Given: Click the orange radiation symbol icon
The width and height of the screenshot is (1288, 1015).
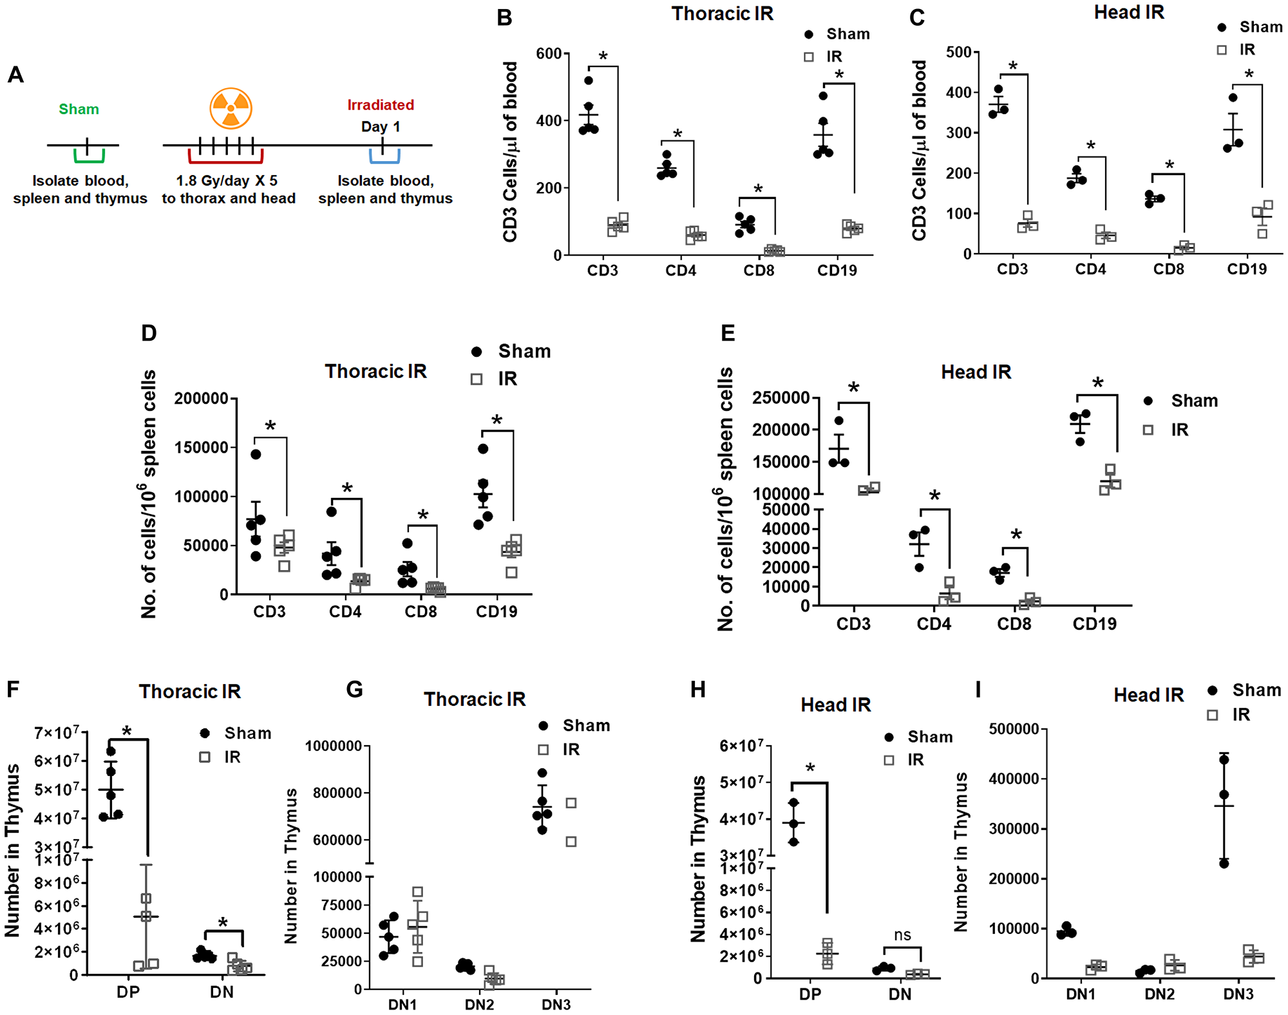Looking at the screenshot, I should pos(231,108).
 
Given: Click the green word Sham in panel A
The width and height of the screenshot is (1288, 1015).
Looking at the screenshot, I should pos(79,109).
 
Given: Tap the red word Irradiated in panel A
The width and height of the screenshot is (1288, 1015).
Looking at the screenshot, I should pos(381,104).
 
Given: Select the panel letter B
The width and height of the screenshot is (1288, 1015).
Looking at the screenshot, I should pos(504,17).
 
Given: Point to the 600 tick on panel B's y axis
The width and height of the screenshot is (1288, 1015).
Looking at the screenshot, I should pos(549,53).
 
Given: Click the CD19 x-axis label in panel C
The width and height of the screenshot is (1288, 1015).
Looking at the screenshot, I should pos(1247,269).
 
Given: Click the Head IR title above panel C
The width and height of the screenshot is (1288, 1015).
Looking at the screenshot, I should pos(1129,12).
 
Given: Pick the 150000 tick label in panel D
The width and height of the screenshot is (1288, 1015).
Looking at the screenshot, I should pos(202,448).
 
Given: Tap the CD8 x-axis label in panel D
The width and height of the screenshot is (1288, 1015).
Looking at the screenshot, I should pos(421,611).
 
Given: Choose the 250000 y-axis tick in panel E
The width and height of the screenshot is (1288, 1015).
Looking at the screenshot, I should pos(781,398).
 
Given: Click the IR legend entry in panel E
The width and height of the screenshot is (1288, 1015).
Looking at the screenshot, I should pos(1179,430).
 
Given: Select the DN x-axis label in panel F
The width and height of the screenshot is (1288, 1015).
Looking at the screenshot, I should pos(222,992).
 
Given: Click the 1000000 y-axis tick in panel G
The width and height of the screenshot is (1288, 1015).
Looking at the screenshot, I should pos(334,746).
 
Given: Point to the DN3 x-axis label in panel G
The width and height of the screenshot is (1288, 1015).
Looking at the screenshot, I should pos(556,1005).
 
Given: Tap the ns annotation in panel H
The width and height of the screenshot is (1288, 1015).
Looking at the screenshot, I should pos(902,934).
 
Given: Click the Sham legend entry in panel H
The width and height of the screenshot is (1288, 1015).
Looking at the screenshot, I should pos(929,737).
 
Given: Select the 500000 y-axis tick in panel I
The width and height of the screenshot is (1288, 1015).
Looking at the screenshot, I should pos(1014,729).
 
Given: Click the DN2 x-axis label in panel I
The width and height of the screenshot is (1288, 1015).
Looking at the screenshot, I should pos(1159,994).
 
